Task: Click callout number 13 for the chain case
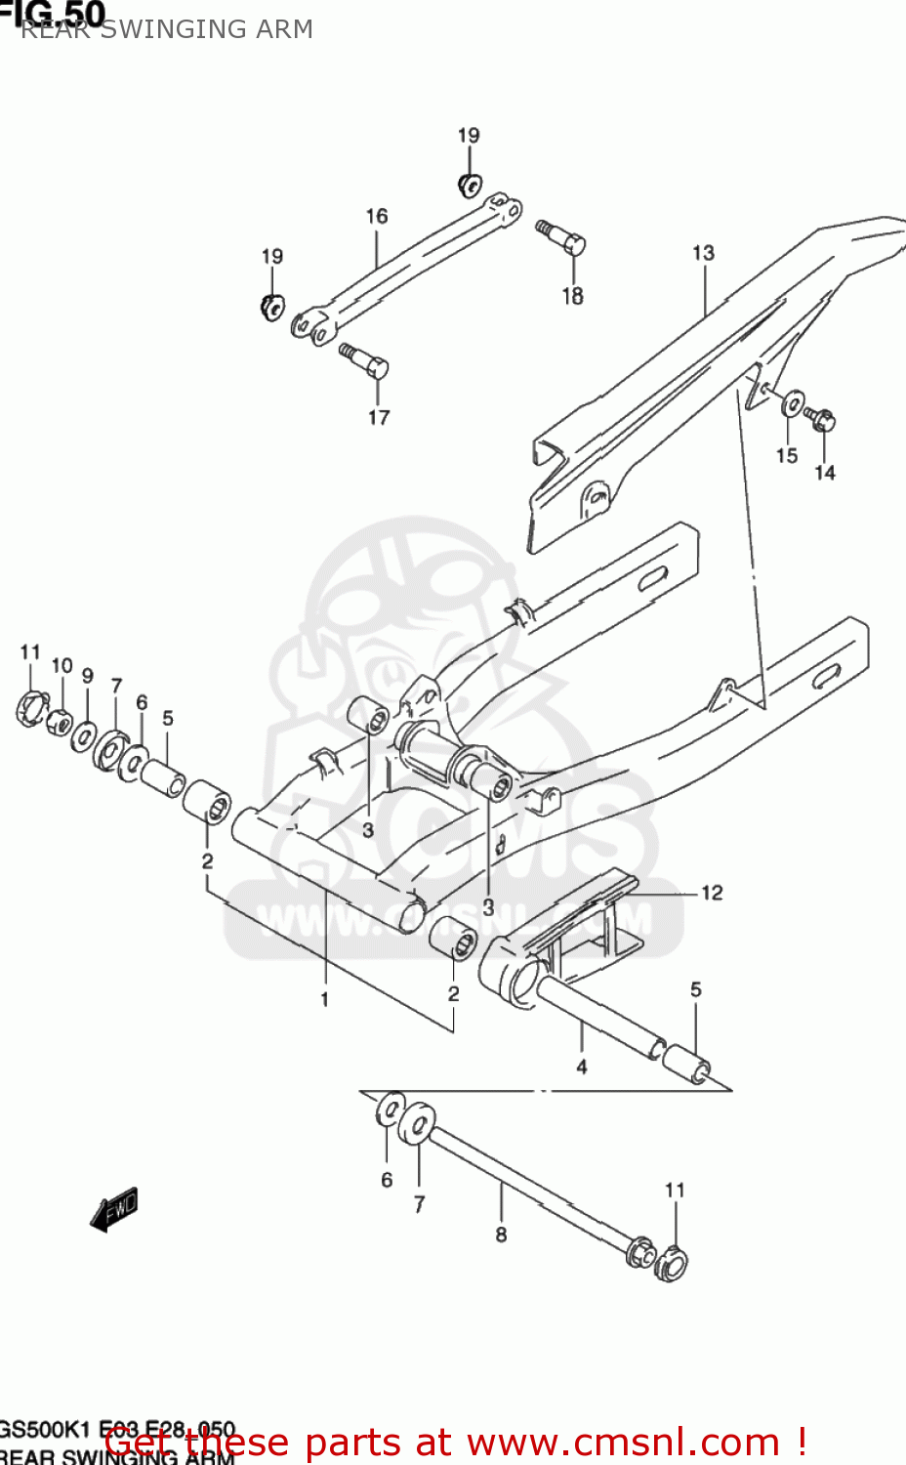[703, 253]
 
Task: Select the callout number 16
[377, 216]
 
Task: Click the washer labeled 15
[793, 402]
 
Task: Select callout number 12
[712, 893]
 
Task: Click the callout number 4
[581, 1067]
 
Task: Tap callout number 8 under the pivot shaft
[501, 1235]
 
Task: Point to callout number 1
[324, 999]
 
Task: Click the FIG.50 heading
[53, 13]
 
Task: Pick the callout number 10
[62, 665]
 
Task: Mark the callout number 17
[379, 417]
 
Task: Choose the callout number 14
[825, 473]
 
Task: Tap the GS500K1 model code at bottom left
[43, 1430]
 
